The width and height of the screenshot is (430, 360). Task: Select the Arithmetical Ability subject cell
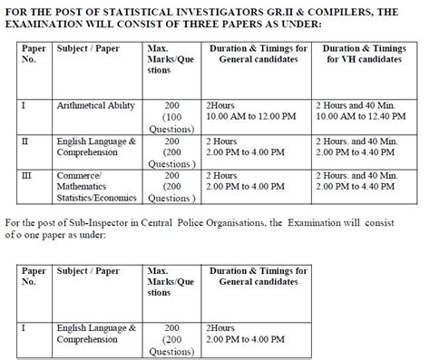coord(95,106)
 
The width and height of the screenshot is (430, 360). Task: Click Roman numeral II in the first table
coord(25,142)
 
